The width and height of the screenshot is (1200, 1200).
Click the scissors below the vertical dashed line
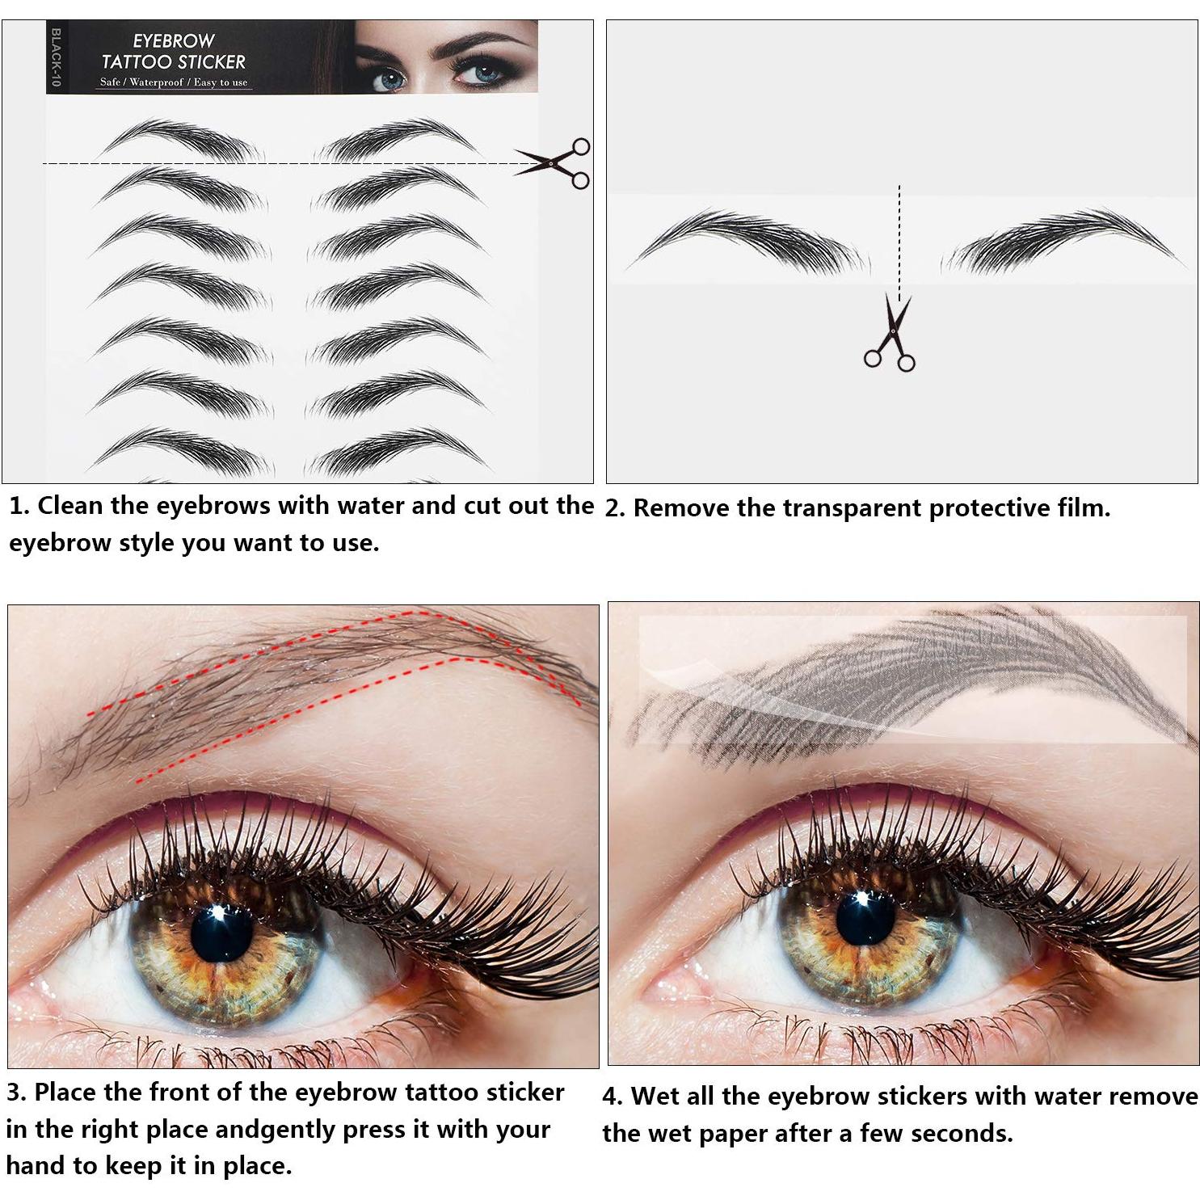pyautogui.click(x=891, y=335)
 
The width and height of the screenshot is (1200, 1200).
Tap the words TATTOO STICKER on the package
pyautogui.click(x=173, y=61)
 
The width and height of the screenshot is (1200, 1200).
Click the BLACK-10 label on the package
pyautogui.click(x=56, y=57)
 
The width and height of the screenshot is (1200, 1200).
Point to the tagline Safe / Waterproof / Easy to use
pyautogui.click(x=174, y=82)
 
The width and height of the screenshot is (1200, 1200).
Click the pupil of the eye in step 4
pyautogui.click(x=865, y=920)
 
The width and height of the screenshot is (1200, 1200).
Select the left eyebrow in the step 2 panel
pyautogui.click(x=747, y=241)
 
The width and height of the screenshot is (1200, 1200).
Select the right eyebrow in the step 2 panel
pyautogui.click(x=1063, y=241)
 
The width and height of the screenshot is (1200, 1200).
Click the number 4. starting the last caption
pyautogui.click(x=613, y=1097)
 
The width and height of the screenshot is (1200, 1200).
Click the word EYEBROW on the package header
pyautogui.click(x=173, y=40)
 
